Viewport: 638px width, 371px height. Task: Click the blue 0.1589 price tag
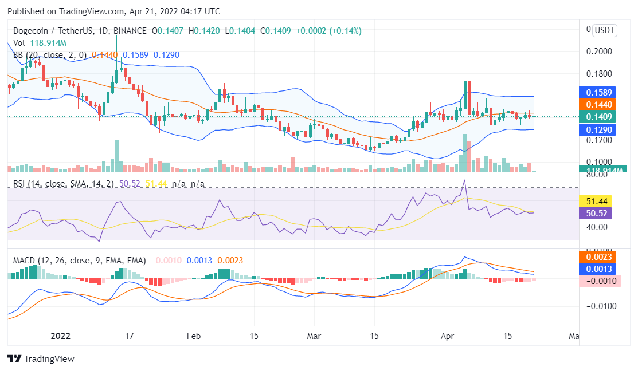coord(597,92)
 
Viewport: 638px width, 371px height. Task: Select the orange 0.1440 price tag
coord(597,105)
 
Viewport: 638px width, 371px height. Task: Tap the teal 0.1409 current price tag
coord(597,117)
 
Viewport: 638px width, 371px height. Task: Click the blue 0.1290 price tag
coord(597,129)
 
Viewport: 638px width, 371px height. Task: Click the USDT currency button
coord(604,30)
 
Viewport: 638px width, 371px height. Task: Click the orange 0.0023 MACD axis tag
coord(598,257)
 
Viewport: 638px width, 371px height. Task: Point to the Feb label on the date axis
coord(194,336)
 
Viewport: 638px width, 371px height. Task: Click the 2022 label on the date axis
coord(60,336)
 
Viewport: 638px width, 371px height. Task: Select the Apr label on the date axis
coord(447,336)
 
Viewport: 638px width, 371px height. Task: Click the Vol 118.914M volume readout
coord(40,43)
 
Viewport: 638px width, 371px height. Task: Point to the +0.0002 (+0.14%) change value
coord(328,31)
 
